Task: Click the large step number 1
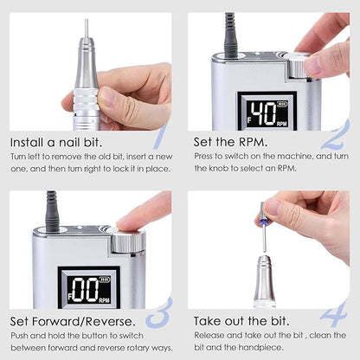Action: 158,137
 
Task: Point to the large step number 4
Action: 335,312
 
